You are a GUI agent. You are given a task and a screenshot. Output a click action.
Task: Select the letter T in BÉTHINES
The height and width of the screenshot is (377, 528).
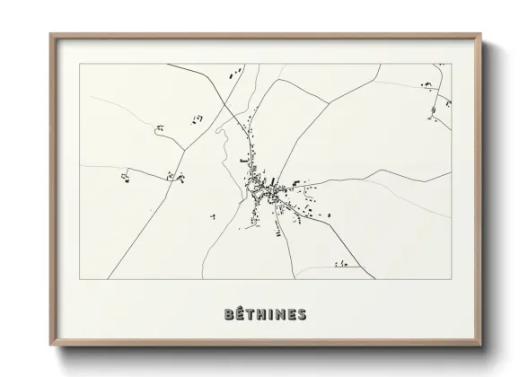coord(247,314)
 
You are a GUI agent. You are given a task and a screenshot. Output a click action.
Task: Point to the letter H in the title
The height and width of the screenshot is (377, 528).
coord(258,314)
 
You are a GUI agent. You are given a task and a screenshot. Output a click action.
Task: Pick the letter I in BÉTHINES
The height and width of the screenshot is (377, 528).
coord(268,314)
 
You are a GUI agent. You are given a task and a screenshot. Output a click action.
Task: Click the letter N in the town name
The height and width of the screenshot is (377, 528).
coord(277,314)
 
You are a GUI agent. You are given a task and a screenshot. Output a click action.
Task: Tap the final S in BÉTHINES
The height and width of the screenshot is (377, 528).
coord(301,314)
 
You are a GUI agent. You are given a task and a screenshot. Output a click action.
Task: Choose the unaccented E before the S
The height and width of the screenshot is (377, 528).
coord(289,314)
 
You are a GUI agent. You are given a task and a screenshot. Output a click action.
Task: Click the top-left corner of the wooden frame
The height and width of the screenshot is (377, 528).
coord(50,35)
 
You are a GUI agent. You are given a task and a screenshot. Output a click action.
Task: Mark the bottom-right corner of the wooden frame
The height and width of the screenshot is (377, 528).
coord(481,346)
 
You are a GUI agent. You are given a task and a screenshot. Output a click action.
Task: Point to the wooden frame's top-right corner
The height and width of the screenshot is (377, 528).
coord(481,35)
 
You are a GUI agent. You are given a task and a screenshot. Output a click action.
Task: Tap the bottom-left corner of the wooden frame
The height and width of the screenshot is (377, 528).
coord(50,346)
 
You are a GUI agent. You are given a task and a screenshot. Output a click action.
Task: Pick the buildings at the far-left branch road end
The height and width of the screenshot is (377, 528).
coord(125,179)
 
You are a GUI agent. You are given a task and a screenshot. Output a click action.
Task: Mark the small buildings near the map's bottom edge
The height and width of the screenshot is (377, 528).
coord(341,264)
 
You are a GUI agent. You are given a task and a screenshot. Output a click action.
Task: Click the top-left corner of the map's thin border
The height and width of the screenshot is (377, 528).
coord(80,64)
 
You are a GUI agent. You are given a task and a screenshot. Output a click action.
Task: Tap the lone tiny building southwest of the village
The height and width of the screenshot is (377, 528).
coord(213,215)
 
